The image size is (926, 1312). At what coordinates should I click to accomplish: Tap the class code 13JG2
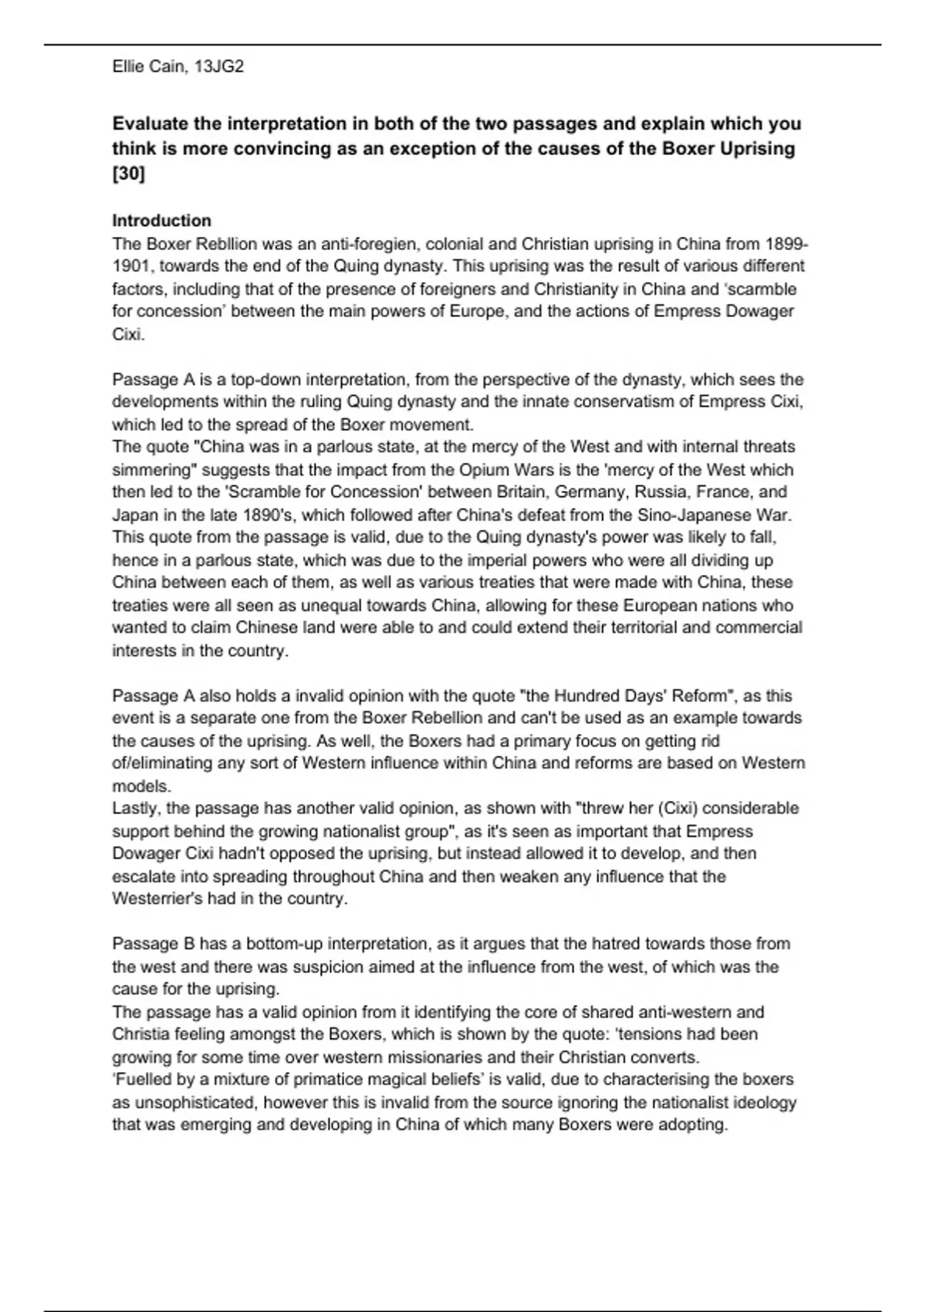coord(219,67)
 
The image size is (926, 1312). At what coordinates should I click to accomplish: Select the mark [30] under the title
coord(128,174)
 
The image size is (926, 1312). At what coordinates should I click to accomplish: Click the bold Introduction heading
coord(161,221)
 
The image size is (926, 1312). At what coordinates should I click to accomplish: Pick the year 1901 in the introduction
coord(129,267)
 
